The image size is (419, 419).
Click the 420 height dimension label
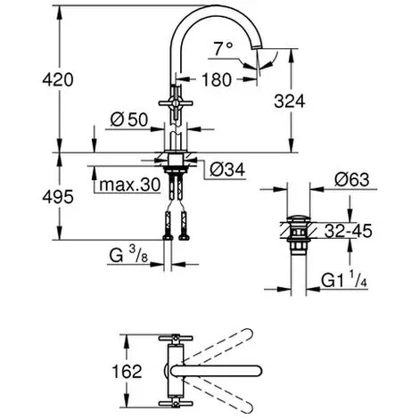pyautogui.click(x=58, y=80)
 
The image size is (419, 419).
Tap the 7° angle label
pyautogui.click(x=223, y=49)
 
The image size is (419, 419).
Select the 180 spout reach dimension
pyautogui.click(x=217, y=80)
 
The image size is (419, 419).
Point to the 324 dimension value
pyautogui.click(x=290, y=102)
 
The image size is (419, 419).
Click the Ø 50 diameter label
pyautogui.click(x=129, y=120)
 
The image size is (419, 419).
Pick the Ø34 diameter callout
pyautogui.click(x=227, y=170)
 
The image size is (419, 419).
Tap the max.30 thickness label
pyautogui.click(x=130, y=185)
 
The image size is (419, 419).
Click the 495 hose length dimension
pyautogui.click(x=58, y=197)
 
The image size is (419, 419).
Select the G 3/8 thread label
pyautogui.click(x=128, y=255)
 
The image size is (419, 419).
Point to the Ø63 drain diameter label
pyautogui.click(x=352, y=179)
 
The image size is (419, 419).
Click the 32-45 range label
pyautogui.click(x=348, y=231)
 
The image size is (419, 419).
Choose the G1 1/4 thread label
pyautogui.click(x=344, y=280)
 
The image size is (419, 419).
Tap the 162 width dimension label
pyautogui.click(x=127, y=372)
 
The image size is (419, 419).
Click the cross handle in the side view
pyautogui.click(x=176, y=103)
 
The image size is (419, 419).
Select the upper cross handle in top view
pyautogui.click(x=176, y=338)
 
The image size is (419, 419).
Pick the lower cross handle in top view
pyautogui.click(x=176, y=404)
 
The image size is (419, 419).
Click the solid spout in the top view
pyautogui.click(x=217, y=371)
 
